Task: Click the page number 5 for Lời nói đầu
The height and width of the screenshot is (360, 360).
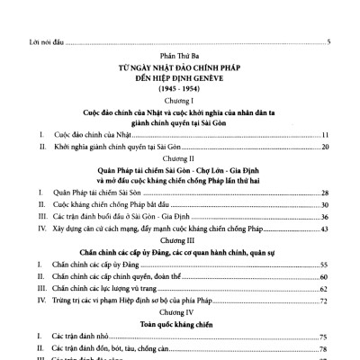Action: pos(329,42)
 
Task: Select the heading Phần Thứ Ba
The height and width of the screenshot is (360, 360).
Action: pos(179,56)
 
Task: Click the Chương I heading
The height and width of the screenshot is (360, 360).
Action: pos(180,103)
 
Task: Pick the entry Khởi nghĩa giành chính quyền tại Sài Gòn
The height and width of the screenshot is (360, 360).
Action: pos(93,146)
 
